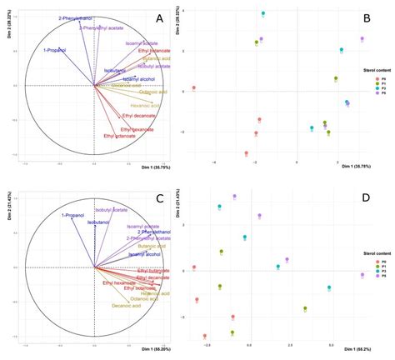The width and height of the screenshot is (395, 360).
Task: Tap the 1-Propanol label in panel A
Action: pos(54,51)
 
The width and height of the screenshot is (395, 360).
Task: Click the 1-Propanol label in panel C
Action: pos(74,215)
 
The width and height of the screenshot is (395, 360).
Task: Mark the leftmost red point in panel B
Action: pos(193,87)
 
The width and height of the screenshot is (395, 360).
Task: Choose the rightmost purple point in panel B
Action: pos(362,39)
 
